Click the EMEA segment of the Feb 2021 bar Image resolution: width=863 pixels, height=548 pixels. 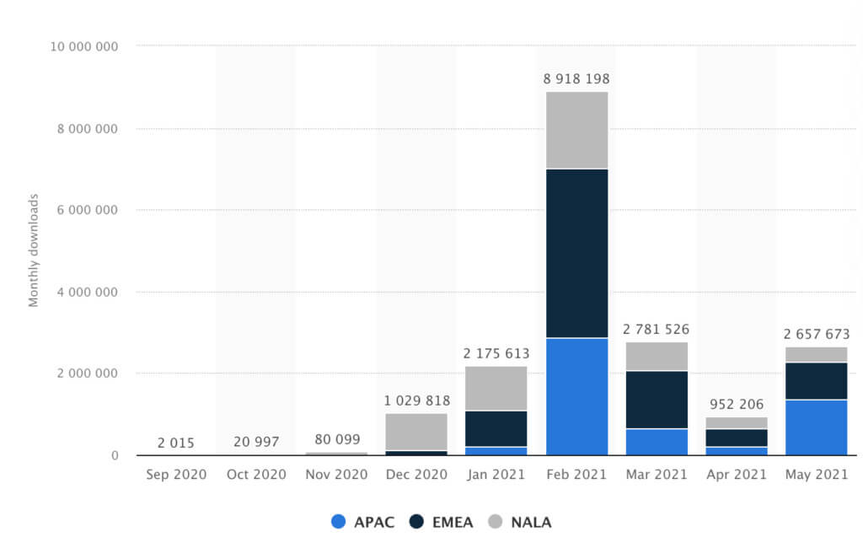[576, 253]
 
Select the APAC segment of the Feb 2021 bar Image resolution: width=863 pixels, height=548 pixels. [576, 396]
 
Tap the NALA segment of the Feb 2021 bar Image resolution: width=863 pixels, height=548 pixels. [576, 130]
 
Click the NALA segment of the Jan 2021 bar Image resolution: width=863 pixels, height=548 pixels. [496, 388]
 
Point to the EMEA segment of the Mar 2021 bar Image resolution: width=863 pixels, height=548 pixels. [657, 400]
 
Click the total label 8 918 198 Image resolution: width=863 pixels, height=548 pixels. [576, 79]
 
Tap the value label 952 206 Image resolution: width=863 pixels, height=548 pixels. [737, 404]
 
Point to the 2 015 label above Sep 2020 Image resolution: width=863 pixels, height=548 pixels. [175, 443]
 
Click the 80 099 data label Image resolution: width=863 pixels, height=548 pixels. [336, 439]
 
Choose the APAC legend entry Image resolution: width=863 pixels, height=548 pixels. [362, 522]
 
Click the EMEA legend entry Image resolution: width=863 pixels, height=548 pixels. [442, 522]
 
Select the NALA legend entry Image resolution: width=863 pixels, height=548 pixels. [521, 522]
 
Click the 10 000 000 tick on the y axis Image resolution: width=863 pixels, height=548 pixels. [83, 46]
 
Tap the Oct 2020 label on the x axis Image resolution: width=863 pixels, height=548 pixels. [256, 475]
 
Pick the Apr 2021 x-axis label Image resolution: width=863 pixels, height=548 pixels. [737, 475]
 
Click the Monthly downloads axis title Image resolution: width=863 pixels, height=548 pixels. [34, 250]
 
